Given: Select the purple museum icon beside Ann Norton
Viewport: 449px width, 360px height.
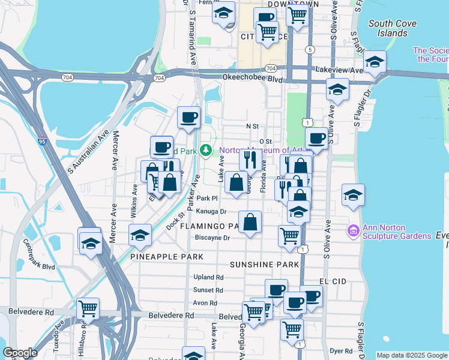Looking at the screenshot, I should [x=353, y=230].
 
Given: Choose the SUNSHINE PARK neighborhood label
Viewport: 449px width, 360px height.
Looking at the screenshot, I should [x=264, y=265].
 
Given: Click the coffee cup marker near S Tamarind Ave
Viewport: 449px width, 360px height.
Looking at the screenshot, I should [x=188, y=117].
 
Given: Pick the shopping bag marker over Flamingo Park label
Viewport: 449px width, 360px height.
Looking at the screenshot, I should [x=250, y=222].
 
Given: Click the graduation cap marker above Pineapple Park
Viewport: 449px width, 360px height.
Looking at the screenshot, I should [x=140, y=235].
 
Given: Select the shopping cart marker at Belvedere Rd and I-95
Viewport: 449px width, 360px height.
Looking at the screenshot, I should [x=88, y=309].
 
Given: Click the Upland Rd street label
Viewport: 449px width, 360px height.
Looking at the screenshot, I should [x=208, y=278].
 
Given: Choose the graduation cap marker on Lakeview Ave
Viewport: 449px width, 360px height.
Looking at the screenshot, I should [x=375, y=62].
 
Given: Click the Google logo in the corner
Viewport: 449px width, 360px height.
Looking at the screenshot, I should [x=20, y=353].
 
